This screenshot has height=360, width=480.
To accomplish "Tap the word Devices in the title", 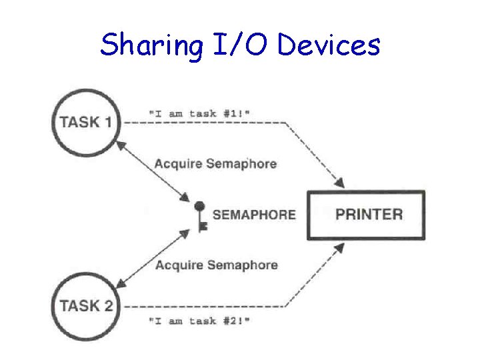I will pos(329,45).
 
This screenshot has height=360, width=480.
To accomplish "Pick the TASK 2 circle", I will pos(86,306).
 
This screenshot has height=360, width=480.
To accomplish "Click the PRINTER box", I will pos(365,215).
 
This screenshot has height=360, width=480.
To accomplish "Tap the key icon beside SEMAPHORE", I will pos(201,215).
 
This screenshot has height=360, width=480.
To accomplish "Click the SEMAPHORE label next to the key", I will pos(254,215).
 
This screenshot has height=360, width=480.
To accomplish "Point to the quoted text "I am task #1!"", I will pos(200,113).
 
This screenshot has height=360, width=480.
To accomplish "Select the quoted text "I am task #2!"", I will pos(200,321).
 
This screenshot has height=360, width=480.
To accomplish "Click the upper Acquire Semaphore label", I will pos(215,163).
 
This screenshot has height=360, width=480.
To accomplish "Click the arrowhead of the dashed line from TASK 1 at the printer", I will pos(340,183).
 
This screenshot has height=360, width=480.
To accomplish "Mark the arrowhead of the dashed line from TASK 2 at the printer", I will pos(340,247).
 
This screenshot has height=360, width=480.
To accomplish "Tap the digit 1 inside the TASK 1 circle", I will pos(107,122).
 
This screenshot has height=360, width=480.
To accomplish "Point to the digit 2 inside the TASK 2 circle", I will pos(107,306).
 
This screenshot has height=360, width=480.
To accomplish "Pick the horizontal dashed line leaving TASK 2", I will pos(200,307).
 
